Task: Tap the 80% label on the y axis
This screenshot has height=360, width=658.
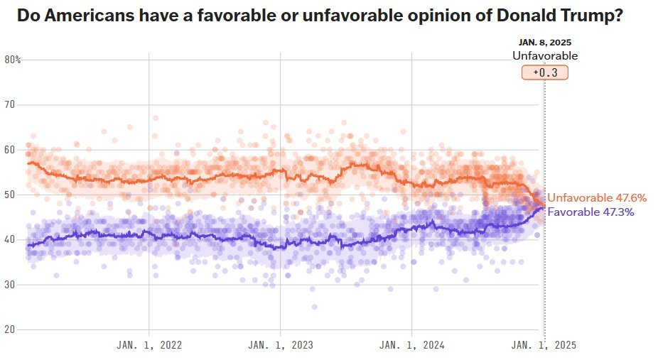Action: (x=12, y=60)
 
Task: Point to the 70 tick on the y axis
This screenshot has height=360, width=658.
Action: (x=10, y=104)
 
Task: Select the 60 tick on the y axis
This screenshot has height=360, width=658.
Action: (x=10, y=150)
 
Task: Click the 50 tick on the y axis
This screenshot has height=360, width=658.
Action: (x=10, y=195)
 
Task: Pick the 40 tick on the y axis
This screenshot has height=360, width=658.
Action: (x=10, y=239)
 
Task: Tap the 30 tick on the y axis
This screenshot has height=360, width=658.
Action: (x=10, y=285)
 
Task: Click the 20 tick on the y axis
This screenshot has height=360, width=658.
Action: (x=10, y=329)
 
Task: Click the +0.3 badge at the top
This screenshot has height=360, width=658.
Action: (x=545, y=72)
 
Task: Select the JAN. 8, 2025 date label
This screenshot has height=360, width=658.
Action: (x=545, y=43)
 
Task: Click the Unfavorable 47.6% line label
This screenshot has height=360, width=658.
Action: (x=597, y=198)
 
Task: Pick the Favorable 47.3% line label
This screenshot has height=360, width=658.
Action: (x=590, y=212)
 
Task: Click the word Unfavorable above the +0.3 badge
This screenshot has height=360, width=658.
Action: (x=545, y=56)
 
